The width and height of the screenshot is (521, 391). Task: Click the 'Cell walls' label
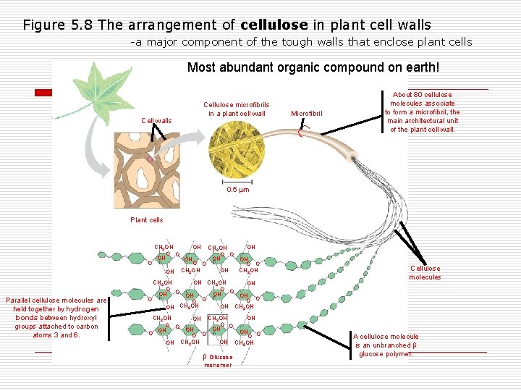pos(156,121)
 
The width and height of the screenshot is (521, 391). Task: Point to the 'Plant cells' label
pos(146,220)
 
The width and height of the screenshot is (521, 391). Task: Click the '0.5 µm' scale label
pos(237,190)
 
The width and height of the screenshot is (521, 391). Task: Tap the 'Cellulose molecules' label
pos(425,272)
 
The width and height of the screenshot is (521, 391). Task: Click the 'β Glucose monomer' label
pos(218,361)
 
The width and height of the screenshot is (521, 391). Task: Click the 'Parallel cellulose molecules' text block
pos(56,318)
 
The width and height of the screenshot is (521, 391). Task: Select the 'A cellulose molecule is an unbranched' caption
pos(386,345)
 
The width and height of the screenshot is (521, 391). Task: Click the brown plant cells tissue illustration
pos(151,170)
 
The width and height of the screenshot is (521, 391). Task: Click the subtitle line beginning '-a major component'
pos(300,42)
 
